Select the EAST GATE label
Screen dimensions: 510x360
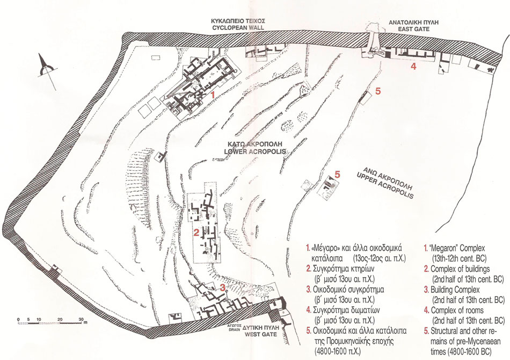(x=414, y=29)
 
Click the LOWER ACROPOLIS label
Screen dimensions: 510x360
(x=255, y=152)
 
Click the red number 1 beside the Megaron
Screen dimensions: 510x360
(x=213, y=95)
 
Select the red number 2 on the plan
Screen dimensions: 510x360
(x=196, y=233)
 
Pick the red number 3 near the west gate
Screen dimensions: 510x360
(x=222, y=287)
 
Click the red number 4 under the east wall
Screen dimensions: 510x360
(x=413, y=67)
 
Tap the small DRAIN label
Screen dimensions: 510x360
(x=235, y=329)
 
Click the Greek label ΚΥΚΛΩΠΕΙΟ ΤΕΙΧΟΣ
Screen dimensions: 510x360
(x=238, y=21)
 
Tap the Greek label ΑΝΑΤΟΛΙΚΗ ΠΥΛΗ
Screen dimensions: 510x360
(x=414, y=23)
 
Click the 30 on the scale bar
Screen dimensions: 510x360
(x=81, y=319)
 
